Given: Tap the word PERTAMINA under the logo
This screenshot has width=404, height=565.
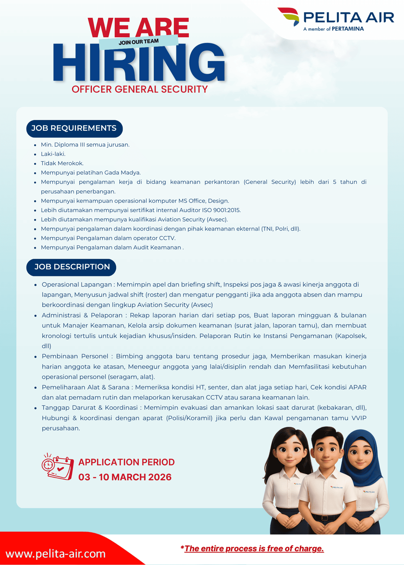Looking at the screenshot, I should [x=348, y=29].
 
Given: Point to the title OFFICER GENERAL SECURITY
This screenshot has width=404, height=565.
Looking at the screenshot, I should [x=139, y=89].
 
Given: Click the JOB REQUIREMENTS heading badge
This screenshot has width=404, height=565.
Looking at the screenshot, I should [x=74, y=128].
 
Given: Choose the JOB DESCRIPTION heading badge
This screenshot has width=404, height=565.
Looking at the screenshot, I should [x=72, y=267].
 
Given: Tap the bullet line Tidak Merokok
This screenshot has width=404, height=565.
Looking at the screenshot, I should [x=62, y=163].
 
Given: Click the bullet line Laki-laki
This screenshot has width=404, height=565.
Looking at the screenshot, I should [x=53, y=154].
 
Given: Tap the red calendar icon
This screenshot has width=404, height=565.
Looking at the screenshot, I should [x=58, y=466].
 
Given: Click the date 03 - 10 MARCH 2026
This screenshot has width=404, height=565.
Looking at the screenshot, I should [x=125, y=477].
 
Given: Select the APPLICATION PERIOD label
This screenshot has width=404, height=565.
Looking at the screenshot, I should [x=126, y=462].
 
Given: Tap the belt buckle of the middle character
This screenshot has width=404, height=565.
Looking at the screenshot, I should [x=325, y=518].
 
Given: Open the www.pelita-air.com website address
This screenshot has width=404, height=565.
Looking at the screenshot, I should [x=55, y=554].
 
